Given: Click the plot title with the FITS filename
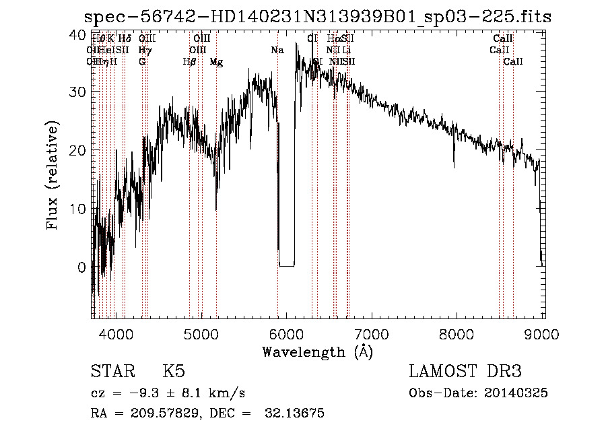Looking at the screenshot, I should (317, 17).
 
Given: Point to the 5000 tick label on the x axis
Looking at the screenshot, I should (201, 334).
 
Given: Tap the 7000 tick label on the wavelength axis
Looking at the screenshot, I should (372, 334).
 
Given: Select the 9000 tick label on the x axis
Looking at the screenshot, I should (543, 334).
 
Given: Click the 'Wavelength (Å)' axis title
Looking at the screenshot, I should (317, 351).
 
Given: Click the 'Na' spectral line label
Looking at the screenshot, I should (277, 51).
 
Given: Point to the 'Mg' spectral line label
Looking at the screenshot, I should (216, 62).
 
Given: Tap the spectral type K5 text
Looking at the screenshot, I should (174, 372).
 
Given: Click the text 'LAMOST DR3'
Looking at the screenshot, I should (465, 372).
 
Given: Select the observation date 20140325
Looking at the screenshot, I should (518, 393).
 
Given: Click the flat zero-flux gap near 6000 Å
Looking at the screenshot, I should (287, 265).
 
